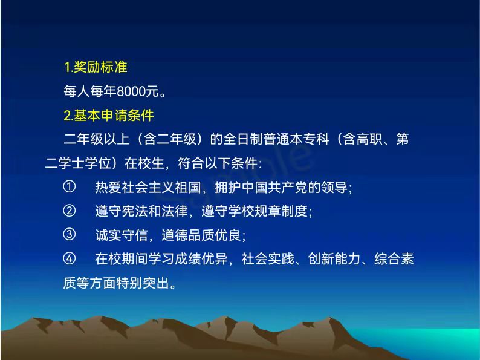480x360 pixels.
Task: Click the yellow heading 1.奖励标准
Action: (x=95, y=67)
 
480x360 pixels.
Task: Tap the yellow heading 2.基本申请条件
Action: (x=109, y=116)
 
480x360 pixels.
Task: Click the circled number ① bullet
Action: (x=69, y=186)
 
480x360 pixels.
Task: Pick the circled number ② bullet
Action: (x=69, y=211)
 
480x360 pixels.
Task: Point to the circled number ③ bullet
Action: (x=69, y=235)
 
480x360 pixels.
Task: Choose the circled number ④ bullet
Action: (x=69, y=258)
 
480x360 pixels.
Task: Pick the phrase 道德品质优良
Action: (x=201, y=235)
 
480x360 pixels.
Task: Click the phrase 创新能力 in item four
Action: (x=334, y=259)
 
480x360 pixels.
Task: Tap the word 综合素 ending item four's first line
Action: (x=394, y=259)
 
